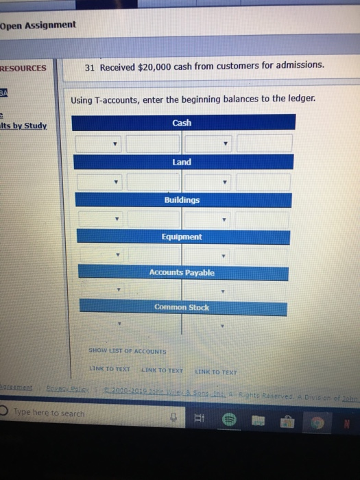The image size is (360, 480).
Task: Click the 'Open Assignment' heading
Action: click(x=38, y=26)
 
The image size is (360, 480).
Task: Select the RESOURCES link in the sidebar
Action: click(x=23, y=68)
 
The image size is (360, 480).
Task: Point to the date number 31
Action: click(x=90, y=67)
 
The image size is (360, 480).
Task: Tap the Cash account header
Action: click(x=182, y=123)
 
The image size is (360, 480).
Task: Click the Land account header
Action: click(x=182, y=162)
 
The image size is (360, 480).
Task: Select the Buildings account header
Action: click(x=182, y=200)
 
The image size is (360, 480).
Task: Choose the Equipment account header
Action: click(x=182, y=237)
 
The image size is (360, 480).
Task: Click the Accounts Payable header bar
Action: click(x=182, y=272)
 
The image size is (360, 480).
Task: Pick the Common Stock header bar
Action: click(x=182, y=308)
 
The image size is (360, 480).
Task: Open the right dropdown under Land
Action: click(x=209, y=182)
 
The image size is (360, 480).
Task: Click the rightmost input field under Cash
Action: click(x=265, y=144)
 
